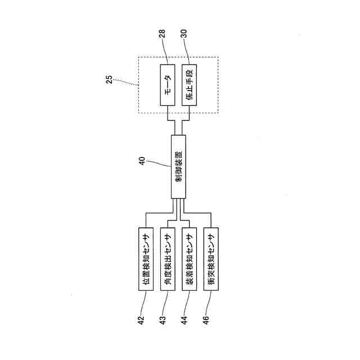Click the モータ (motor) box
[169, 85]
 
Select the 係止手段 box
[190, 85]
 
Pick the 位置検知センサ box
[146, 258]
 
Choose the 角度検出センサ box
[168, 258]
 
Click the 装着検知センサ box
[190, 258]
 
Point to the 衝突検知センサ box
[211, 258]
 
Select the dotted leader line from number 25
[127, 83]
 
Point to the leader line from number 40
[160, 163]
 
